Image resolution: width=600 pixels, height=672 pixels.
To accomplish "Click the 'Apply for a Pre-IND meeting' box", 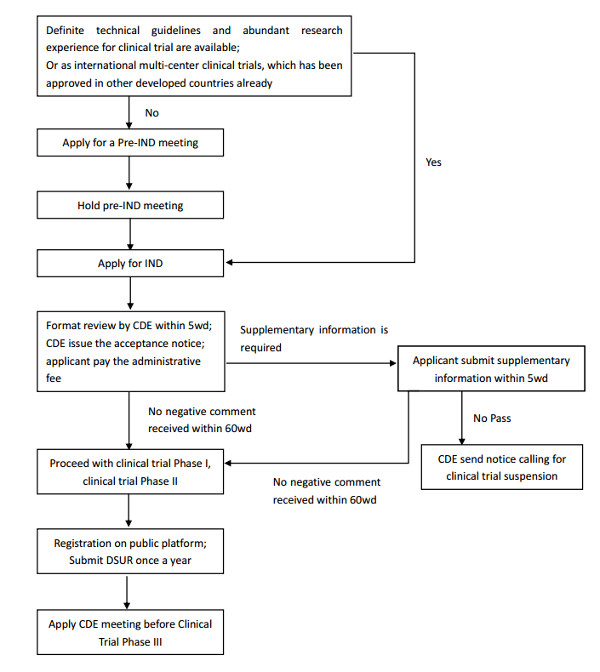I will pyautogui.click(x=130, y=143).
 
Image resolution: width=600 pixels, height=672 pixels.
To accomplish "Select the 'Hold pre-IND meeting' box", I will pyautogui.click(x=130, y=205).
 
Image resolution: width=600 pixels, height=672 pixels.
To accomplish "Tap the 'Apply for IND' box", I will pyautogui.click(x=130, y=264).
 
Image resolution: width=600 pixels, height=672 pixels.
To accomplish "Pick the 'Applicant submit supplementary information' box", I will pyautogui.click(x=491, y=368).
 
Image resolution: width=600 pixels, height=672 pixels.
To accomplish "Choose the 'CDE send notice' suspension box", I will pyautogui.click(x=502, y=467).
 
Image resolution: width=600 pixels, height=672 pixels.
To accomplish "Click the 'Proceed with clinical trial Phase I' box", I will pyautogui.click(x=130, y=472).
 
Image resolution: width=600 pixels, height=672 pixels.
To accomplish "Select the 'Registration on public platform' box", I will pyautogui.click(x=130, y=551).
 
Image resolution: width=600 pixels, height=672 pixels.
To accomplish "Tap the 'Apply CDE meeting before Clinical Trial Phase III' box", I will pyautogui.click(x=130, y=631).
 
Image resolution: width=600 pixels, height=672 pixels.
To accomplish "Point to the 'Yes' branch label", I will pyautogui.click(x=433, y=162).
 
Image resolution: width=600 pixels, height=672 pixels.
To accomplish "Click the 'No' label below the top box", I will pyautogui.click(x=151, y=112).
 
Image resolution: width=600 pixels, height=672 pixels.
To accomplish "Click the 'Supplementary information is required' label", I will pyautogui.click(x=314, y=339).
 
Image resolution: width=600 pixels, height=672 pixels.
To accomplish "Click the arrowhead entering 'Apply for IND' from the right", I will pyautogui.click(x=231, y=263).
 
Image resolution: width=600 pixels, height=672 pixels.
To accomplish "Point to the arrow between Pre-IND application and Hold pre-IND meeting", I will pyautogui.click(x=129, y=174).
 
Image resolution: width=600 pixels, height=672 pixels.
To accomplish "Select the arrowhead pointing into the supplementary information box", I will pyautogui.click(x=392, y=362).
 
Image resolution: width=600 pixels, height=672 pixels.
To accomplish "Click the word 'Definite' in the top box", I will pyautogui.click(x=68, y=31).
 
